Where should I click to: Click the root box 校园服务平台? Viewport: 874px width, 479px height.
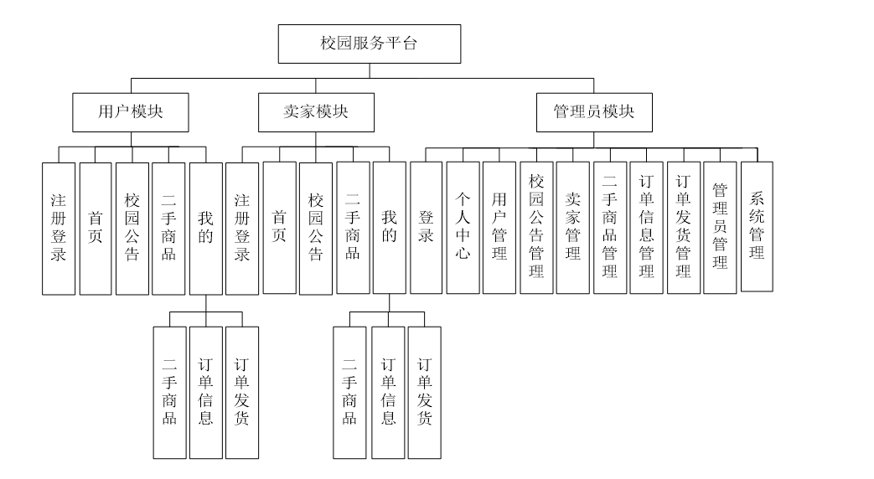pos(369,44)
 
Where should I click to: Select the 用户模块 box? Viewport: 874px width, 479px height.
pos(130,111)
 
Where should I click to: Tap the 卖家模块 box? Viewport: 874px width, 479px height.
pos(314,111)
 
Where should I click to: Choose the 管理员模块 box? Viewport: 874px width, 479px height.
pos(594,111)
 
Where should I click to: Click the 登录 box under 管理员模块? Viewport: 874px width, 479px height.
pos(426,227)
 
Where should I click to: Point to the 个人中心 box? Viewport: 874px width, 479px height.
pos(463,227)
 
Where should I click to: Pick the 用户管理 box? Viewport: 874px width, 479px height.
pos(499,227)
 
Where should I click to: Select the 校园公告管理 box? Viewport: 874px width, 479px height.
pos(536,227)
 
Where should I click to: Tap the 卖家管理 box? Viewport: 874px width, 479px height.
pos(573,227)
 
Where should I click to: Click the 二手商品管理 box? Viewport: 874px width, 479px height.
pos(610,227)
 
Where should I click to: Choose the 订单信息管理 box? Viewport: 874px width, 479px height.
pos(647,227)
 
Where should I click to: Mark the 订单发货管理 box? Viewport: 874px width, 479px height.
pos(684,227)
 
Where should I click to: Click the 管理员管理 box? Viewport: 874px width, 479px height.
pos(720,227)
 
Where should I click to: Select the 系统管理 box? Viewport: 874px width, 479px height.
pos(758,226)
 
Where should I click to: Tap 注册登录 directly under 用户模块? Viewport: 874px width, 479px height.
pos(59,228)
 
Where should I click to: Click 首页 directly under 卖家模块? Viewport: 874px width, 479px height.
pos(279,228)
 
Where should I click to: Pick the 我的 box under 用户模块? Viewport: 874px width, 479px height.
pos(205,228)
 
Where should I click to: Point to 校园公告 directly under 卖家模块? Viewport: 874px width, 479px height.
pos(316,228)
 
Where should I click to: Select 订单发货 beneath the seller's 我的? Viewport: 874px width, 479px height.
pos(425,392)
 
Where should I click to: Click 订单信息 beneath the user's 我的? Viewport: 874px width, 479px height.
pos(205,392)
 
